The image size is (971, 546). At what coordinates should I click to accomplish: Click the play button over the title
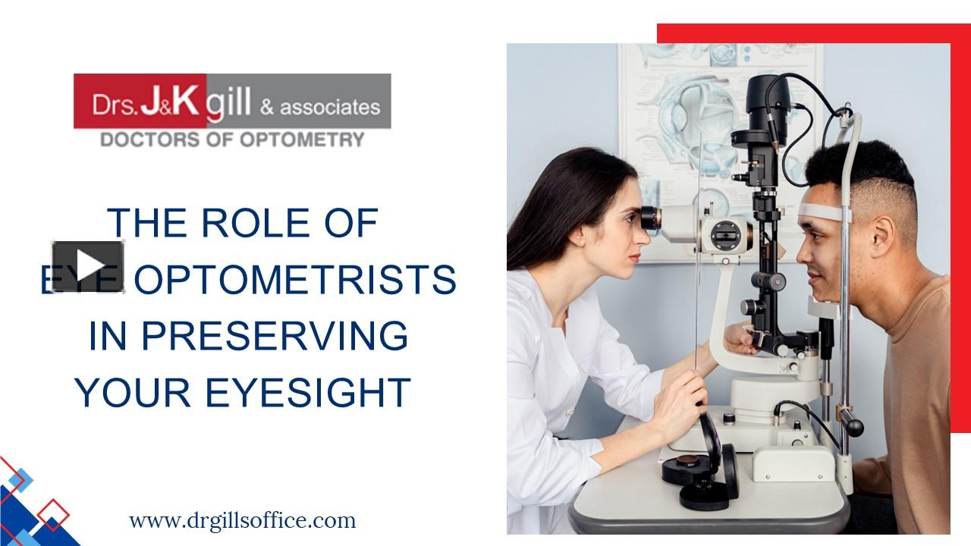point(88,265)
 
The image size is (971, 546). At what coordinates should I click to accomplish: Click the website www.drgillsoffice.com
point(242,521)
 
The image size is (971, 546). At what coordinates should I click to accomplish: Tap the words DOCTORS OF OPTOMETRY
point(233,139)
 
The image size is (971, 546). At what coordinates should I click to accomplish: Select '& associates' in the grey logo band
point(319,106)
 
